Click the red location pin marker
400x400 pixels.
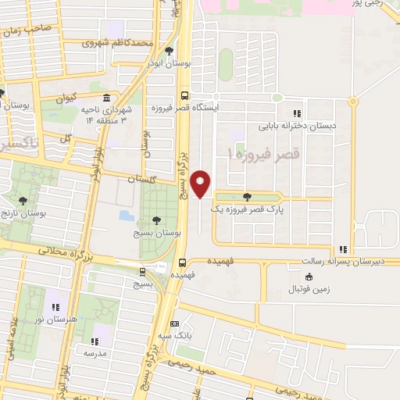coord(202,184)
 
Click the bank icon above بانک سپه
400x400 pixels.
coord(175,323)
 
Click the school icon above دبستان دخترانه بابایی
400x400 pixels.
coord(296,112)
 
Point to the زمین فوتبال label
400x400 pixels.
coord(310,288)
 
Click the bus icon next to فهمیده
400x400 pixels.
coord(182,262)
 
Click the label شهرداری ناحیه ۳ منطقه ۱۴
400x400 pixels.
coord(105,115)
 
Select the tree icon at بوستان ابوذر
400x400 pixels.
coord(169,51)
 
